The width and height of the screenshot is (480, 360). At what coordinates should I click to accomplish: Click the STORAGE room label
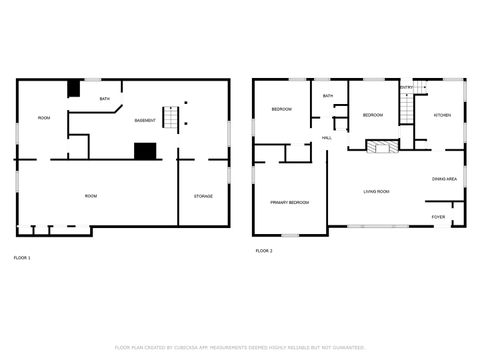203,196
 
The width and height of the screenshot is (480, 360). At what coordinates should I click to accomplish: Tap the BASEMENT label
145,120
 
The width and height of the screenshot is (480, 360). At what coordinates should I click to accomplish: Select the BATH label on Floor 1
105,99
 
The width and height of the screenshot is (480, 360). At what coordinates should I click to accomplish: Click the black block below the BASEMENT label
145,151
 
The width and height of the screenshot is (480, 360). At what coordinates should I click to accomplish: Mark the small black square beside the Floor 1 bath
74,88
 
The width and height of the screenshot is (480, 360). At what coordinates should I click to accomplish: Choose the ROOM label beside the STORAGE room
91,196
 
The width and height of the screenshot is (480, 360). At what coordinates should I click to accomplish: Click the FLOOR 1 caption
22,258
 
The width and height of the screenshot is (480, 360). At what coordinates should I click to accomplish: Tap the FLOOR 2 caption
264,250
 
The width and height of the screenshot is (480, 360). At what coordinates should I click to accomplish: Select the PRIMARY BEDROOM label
290,203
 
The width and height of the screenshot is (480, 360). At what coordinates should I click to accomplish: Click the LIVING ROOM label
376,191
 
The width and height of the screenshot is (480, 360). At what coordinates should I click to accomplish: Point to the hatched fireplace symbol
380,147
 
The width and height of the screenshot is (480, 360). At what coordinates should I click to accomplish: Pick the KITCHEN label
442,115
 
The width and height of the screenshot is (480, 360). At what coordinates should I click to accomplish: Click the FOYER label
439,216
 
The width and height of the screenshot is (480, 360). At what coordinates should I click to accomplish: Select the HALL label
327,138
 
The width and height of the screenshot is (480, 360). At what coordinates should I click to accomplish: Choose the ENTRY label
406,88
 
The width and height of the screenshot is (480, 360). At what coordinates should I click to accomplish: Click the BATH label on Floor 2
328,97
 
